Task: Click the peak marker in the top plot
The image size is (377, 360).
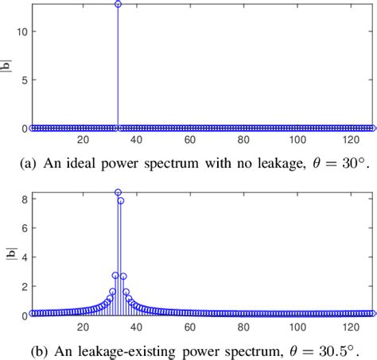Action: tap(118, 4)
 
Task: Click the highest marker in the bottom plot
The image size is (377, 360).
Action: tap(118, 192)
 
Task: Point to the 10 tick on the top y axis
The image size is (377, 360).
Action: tap(23, 32)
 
